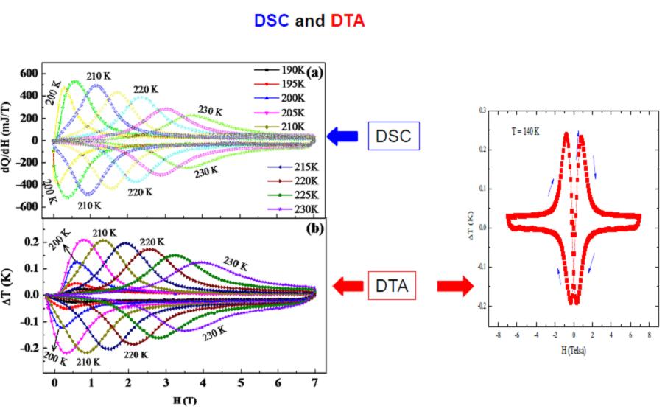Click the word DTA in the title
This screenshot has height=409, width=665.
tap(348, 21)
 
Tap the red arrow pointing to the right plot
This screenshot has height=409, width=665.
tap(454, 285)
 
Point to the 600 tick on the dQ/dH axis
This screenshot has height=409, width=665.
tap(28, 74)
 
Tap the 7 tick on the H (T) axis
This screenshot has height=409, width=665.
tap(315, 384)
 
